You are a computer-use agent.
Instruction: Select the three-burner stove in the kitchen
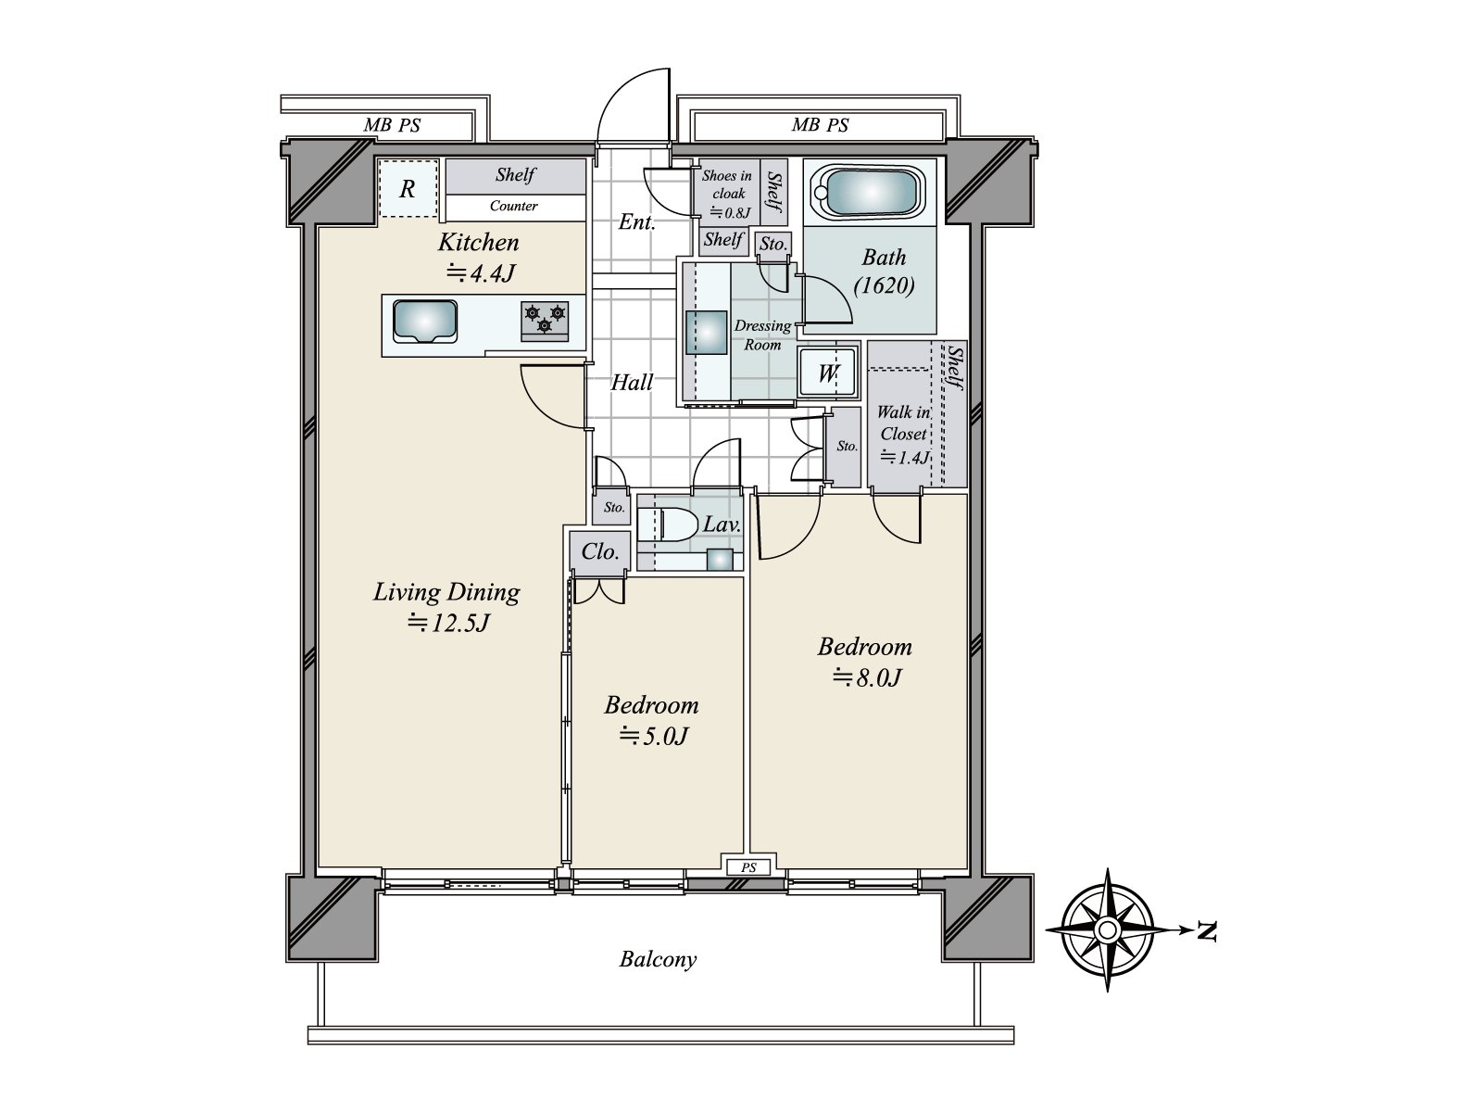click(x=545, y=320)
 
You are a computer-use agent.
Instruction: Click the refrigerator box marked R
click(x=407, y=190)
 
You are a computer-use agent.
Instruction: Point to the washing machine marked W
click(x=827, y=373)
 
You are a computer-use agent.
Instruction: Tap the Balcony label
click(x=658, y=959)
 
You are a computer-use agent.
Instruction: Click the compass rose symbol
click(x=1107, y=929)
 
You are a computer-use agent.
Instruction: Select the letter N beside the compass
click(x=1205, y=930)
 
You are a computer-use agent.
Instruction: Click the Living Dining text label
click(x=446, y=591)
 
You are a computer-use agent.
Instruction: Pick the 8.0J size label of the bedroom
click(x=866, y=678)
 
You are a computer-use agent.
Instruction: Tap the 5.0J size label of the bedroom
click(x=653, y=737)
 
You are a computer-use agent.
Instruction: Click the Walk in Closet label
click(x=903, y=423)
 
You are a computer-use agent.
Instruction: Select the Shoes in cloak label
click(x=726, y=184)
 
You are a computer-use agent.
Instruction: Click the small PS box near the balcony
click(x=748, y=867)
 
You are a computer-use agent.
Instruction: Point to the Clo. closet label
click(x=599, y=552)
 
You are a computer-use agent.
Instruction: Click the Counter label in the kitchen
click(x=513, y=207)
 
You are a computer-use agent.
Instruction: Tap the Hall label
click(x=632, y=382)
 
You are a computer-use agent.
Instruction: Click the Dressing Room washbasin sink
click(x=706, y=333)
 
